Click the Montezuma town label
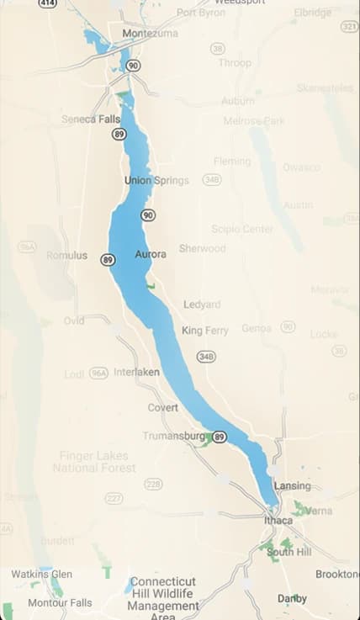[x=140, y=34]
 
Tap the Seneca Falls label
[x=91, y=119]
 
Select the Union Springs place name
[x=156, y=181]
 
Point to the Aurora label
[x=151, y=254]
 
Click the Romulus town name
[x=66, y=255]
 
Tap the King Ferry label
[x=205, y=331]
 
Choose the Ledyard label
[x=202, y=304]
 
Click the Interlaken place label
[x=136, y=372]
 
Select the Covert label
[x=163, y=407]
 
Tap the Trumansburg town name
[x=173, y=436]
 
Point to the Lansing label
[x=292, y=485]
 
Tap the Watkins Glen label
[x=41, y=574]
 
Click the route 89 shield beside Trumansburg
[x=220, y=437]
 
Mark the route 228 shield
[x=153, y=484]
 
